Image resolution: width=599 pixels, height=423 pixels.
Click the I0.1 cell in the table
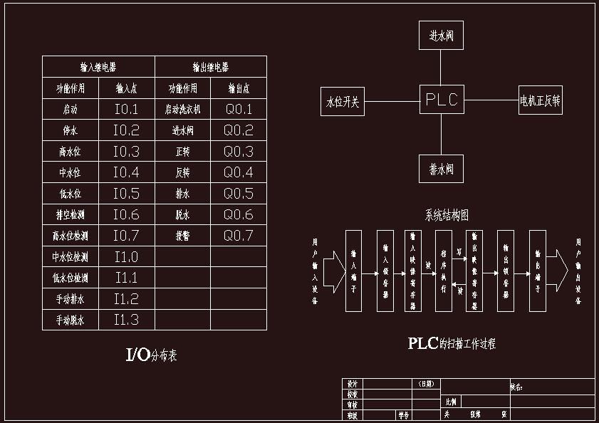126,110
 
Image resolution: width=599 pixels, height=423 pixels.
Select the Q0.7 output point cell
239,236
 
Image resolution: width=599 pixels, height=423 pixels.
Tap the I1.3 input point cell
126,320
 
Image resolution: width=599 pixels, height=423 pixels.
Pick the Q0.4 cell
239,172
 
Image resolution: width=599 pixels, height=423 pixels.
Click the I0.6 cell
126,214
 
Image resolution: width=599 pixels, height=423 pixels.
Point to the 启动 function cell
71,110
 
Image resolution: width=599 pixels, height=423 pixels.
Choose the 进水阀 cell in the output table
183,131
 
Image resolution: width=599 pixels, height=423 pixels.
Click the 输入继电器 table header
98,68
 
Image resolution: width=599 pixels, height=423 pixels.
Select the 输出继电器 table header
211,68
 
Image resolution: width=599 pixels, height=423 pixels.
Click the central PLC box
442,100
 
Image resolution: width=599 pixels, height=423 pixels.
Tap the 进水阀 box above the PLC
442,35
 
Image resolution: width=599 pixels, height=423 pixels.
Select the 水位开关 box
343,101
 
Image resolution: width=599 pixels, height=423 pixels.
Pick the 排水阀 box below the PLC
442,169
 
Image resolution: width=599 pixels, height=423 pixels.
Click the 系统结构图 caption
447,214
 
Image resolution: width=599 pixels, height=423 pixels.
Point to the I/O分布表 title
150,355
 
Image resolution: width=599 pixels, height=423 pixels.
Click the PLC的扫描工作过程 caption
452,343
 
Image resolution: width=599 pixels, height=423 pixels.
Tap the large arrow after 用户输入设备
333,271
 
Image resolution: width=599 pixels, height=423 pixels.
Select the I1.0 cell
126,257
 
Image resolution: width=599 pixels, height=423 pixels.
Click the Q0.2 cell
239,131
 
